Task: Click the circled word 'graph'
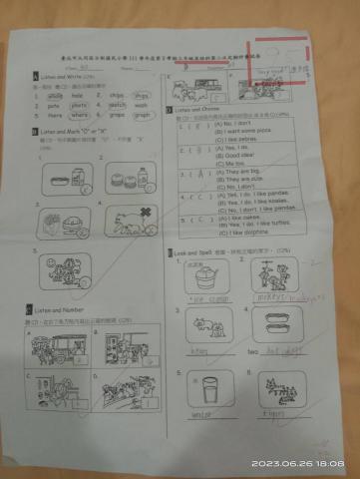point(142,114)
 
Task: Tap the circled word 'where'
point(80,114)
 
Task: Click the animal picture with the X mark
point(131,222)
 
